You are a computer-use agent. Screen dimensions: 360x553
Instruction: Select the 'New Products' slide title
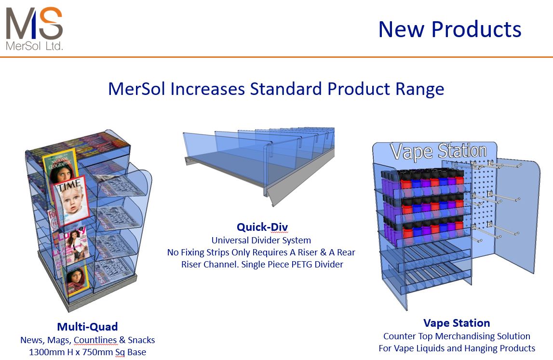point(449,29)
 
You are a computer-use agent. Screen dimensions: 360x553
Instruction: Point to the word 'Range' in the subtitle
point(418,89)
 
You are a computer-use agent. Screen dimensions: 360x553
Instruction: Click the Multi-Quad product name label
point(87,327)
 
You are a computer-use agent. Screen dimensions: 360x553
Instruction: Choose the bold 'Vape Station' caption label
point(456,323)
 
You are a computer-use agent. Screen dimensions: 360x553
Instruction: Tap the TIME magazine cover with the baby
point(71,200)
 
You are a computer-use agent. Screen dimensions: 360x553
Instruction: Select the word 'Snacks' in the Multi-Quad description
point(141,340)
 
